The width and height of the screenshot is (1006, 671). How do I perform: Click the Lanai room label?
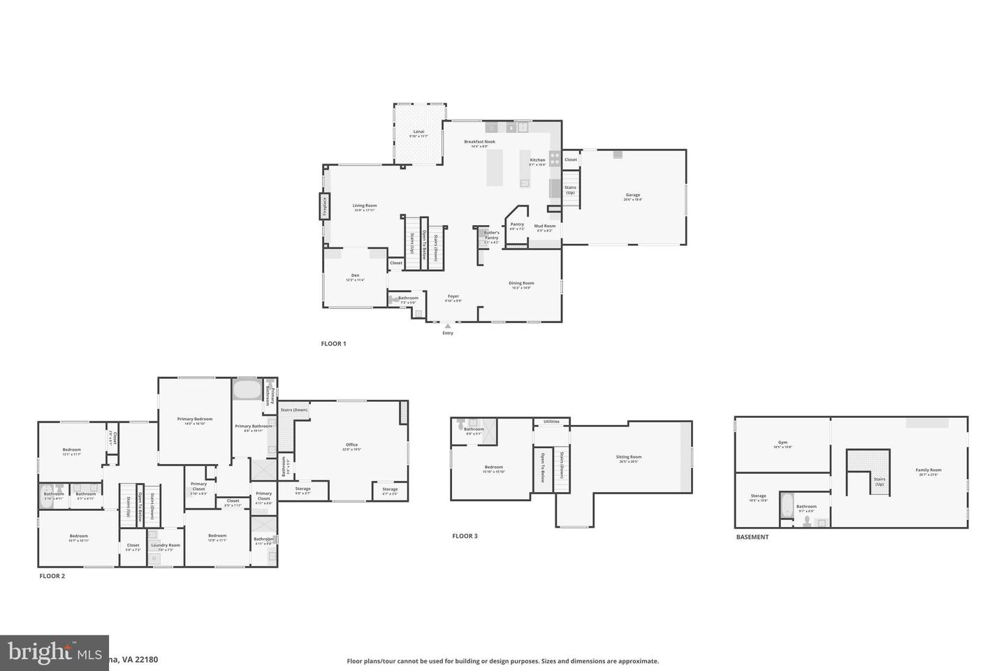click(x=418, y=131)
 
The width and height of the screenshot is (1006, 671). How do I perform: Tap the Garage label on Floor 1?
click(x=632, y=195)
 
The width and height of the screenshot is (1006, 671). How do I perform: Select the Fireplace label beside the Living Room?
click(x=325, y=207)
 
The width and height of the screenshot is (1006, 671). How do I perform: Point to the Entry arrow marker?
click(x=448, y=326)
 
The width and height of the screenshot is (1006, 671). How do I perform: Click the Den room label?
click(x=355, y=275)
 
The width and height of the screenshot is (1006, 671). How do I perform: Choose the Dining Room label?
click(x=521, y=283)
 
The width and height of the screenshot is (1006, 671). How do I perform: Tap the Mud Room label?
click(x=544, y=226)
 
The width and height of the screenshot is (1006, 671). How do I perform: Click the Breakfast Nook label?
click(x=479, y=142)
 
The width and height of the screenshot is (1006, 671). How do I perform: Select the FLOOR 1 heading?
click(x=333, y=344)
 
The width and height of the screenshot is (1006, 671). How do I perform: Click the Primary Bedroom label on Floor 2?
click(x=194, y=419)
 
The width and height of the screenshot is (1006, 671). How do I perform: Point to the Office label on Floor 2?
click(x=351, y=445)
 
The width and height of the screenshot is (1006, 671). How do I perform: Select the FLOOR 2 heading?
click(x=52, y=576)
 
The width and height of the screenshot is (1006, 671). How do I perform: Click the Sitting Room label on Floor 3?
click(x=629, y=457)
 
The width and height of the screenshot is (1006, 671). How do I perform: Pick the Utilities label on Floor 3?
click(x=551, y=421)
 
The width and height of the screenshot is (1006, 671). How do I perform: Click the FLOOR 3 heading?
click(x=465, y=536)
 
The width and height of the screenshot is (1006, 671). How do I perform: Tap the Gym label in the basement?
click(x=782, y=442)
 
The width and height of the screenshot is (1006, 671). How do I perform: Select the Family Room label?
click(x=928, y=470)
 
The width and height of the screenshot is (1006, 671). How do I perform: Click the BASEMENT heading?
click(x=752, y=537)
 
